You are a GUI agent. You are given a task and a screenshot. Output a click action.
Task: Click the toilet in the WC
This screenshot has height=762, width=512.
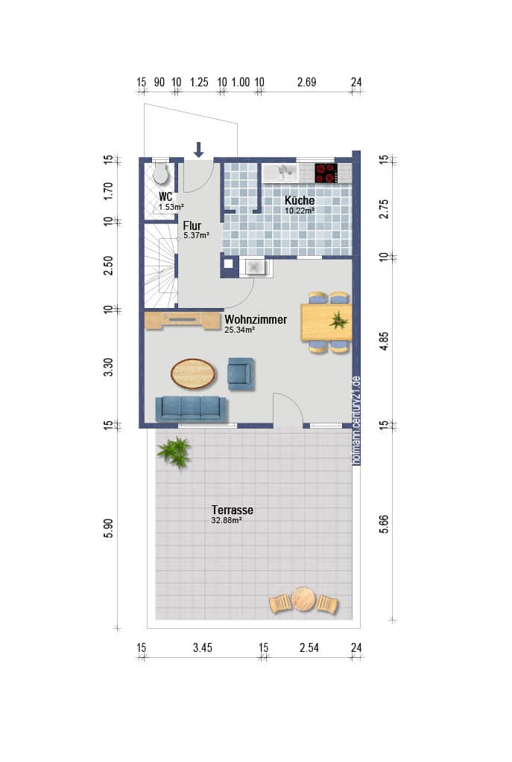160,172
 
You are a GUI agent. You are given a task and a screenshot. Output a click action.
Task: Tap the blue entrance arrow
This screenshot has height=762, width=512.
198,150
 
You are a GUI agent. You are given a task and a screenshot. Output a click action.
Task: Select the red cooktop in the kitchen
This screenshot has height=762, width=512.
326,173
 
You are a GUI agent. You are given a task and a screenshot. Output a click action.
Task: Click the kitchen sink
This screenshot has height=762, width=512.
281,173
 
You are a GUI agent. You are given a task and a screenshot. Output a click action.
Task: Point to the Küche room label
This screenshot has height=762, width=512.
300,200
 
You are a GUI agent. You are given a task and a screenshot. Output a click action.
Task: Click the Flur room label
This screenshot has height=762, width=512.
192,226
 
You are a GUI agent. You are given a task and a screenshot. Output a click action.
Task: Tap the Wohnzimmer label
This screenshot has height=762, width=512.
256,319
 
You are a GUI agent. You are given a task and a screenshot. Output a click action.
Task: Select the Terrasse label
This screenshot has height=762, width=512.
233,510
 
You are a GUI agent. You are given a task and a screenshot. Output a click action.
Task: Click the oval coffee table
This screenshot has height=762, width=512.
193,374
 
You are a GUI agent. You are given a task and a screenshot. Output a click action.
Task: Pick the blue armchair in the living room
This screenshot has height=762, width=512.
241,374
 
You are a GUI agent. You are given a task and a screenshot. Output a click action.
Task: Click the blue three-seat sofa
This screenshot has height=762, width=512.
191,409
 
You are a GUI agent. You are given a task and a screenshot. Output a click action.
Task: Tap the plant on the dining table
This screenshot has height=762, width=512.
339,320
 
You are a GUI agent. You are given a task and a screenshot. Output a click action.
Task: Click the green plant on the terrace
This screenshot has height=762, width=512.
174,452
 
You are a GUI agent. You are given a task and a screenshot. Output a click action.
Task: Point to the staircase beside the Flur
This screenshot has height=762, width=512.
160,266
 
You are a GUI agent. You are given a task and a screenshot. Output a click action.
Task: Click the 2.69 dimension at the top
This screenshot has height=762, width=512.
306,82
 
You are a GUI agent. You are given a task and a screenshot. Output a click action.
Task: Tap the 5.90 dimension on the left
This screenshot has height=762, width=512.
108,528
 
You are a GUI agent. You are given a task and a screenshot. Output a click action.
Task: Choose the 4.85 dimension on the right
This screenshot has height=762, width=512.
384,341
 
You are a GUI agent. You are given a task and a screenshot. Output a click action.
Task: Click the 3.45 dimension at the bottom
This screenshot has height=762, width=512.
203,647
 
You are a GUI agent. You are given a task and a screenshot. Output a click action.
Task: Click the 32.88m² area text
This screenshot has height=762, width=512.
227,520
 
